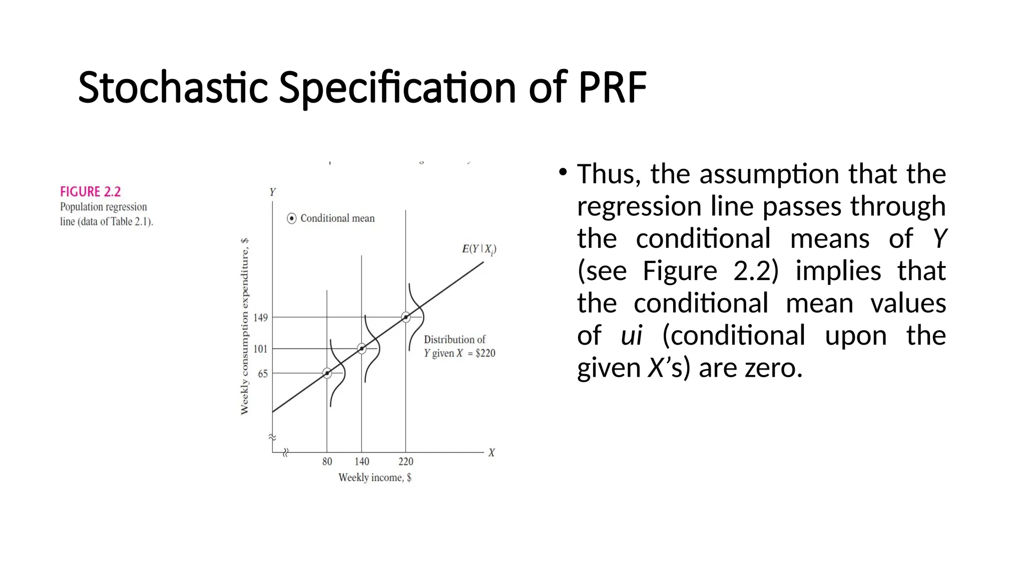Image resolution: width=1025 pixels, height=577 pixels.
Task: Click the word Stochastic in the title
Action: point(173,88)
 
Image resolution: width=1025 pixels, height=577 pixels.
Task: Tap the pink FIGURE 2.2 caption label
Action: point(91,192)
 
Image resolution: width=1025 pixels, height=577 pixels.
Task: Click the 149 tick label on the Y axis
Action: point(260,318)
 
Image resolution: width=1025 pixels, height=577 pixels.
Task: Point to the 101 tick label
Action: point(260,349)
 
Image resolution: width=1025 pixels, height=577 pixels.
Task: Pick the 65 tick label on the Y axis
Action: point(263,374)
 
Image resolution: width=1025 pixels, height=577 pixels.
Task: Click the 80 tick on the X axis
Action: point(327,461)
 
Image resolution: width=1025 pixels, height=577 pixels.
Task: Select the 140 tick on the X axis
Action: point(362,461)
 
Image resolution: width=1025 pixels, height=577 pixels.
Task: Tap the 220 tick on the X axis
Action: point(406,461)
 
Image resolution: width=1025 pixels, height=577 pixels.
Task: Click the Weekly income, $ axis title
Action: point(375,477)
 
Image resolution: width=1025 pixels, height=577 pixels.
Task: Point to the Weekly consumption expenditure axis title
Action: point(244,327)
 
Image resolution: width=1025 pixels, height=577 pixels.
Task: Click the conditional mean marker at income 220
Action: point(406,317)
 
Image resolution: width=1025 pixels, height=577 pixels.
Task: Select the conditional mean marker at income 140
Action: point(362,348)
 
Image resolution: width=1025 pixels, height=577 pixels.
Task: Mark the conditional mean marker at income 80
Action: point(327,373)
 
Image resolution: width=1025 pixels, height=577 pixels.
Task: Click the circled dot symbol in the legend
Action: point(292,218)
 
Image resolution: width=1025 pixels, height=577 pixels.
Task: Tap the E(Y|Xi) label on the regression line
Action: point(478,249)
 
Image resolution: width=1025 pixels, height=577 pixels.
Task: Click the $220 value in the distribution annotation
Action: point(485,353)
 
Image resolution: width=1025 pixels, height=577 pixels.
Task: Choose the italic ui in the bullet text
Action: point(631,336)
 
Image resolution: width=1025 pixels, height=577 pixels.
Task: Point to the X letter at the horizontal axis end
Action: point(491,453)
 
